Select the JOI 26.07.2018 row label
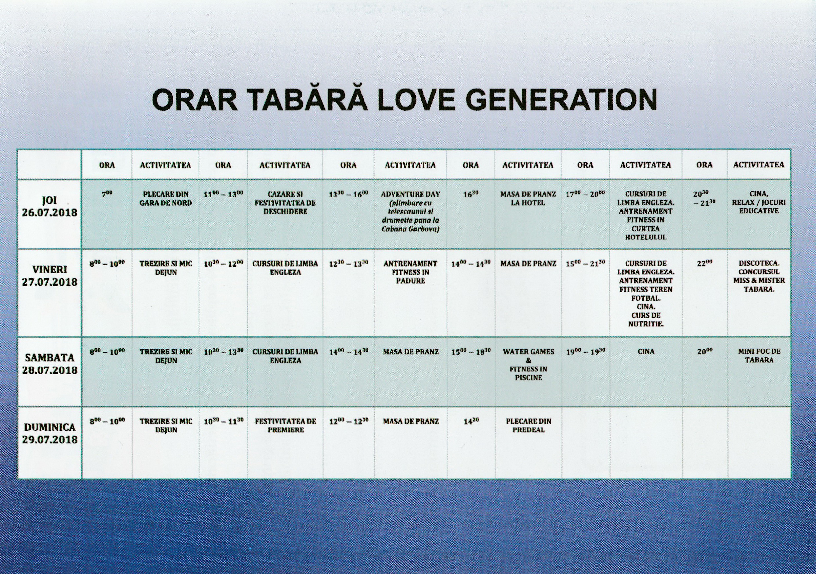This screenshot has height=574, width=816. point(50,206)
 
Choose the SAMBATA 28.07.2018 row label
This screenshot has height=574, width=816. point(50,364)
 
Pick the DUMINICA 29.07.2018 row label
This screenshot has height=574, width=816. point(50,433)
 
